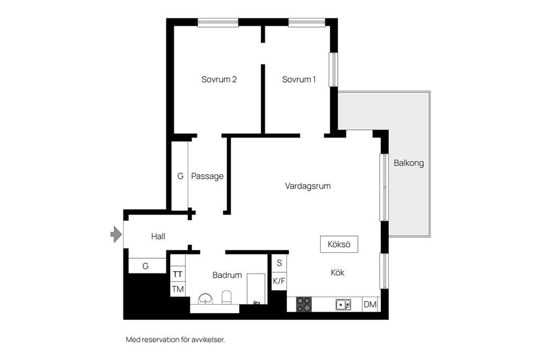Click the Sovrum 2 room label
point(219,79)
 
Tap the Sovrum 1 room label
point(299,79)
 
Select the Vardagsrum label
point(308,186)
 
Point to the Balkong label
point(409,163)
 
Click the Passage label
point(207,176)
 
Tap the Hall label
point(158,236)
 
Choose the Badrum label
point(227,275)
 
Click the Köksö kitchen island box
point(339,245)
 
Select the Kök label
point(338,273)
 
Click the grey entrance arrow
point(116,234)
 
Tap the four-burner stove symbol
point(304,304)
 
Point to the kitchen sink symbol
point(343,304)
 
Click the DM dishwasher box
point(370,304)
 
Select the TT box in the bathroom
point(178,274)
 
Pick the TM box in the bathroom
point(178,289)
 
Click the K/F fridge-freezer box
point(279,281)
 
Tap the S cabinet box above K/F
point(279,263)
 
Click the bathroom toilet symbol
point(227,297)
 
